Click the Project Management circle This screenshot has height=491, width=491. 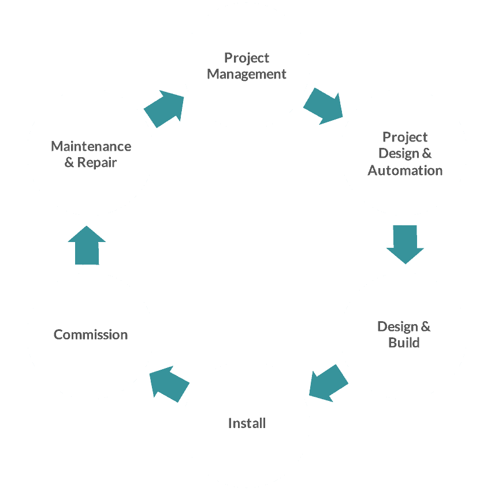pos(246,66)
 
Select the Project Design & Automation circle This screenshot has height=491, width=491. pos(403,153)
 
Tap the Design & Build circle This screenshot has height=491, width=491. pos(403,335)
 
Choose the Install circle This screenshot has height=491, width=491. pos(246,423)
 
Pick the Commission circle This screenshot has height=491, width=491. pos(90,335)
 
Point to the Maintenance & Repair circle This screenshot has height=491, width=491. pos(90,153)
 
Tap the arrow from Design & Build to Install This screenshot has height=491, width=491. pos(328,382)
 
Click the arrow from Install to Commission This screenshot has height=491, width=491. pos(169,383)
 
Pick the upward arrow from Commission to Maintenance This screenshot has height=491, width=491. pos(87,245)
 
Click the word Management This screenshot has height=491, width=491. pos(247,75)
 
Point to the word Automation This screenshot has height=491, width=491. pos(405,170)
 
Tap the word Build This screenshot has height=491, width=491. pos(404,343)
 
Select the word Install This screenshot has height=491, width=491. pos(247,423)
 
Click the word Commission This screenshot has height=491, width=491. pos(91,334)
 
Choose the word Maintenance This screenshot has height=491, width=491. pos(91,146)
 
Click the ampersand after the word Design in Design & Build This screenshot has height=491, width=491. pos(425,327)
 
